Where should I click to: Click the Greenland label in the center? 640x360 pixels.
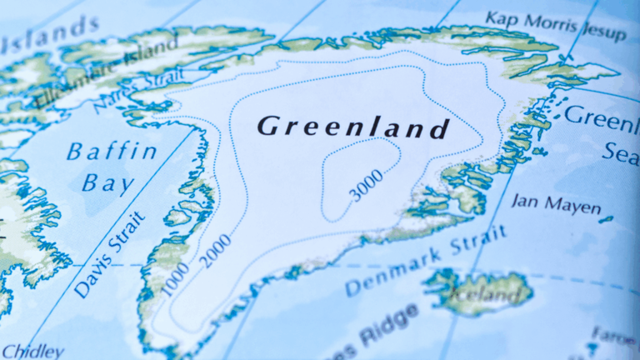tap(352, 127)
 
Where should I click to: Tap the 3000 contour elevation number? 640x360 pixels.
tap(367, 185)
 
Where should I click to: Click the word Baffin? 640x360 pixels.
tap(112, 152)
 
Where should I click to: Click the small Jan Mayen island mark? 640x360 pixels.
tap(606, 219)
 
